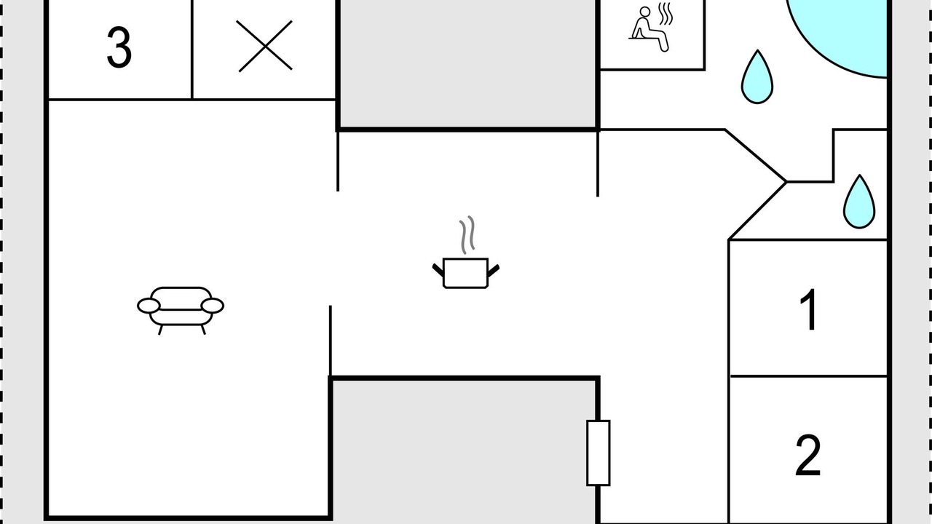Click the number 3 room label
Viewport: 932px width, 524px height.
[x=119, y=47]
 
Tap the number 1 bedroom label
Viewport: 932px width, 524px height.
[x=809, y=310]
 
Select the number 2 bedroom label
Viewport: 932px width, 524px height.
[x=808, y=456]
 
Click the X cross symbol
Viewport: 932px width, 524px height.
[x=264, y=46]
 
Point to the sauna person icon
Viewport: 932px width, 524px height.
[x=650, y=28]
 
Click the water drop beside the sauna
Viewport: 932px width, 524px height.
[x=757, y=77]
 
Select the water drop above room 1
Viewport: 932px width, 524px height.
[x=859, y=202]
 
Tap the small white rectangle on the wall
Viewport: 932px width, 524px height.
[x=599, y=453]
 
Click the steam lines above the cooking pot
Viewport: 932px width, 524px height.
[x=467, y=235]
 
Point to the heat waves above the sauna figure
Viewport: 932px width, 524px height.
[x=666, y=14]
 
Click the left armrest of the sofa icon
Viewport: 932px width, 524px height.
[x=149, y=306]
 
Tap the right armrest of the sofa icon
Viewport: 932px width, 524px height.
[x=213, y=306]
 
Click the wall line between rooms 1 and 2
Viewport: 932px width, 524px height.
[x=808, y=376]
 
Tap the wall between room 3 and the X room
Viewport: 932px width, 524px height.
[x=191, y=49]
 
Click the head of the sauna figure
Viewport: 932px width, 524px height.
[x=645, y=12]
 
